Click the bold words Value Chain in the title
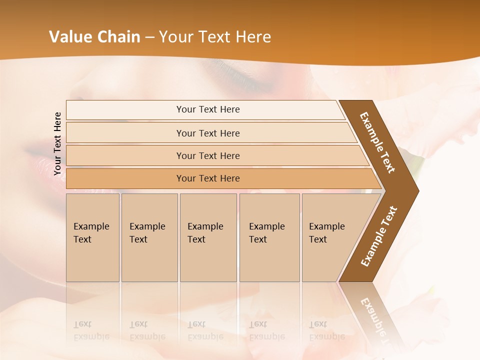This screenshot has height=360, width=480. (x=94, y=37)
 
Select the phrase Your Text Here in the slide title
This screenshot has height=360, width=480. (x=215, y=37)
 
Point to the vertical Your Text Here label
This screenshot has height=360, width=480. (x=57, y=143)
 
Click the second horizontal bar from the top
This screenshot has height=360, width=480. (x=208, y=133)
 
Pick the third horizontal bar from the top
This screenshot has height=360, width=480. (x=208, y=155)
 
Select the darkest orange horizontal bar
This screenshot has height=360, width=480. (x=208, y=178)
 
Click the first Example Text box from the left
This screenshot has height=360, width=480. (x=92, y=237)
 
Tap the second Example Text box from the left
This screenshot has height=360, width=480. (x=149, y=237)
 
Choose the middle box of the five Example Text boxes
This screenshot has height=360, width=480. (x=208, y=237)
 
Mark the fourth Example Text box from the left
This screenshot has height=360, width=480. (x=269, y=237)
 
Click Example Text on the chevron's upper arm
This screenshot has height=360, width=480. (x=377, y=142)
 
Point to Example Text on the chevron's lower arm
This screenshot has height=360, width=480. (x=379, y=236)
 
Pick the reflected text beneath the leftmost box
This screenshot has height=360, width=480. (x=91, y=330)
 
